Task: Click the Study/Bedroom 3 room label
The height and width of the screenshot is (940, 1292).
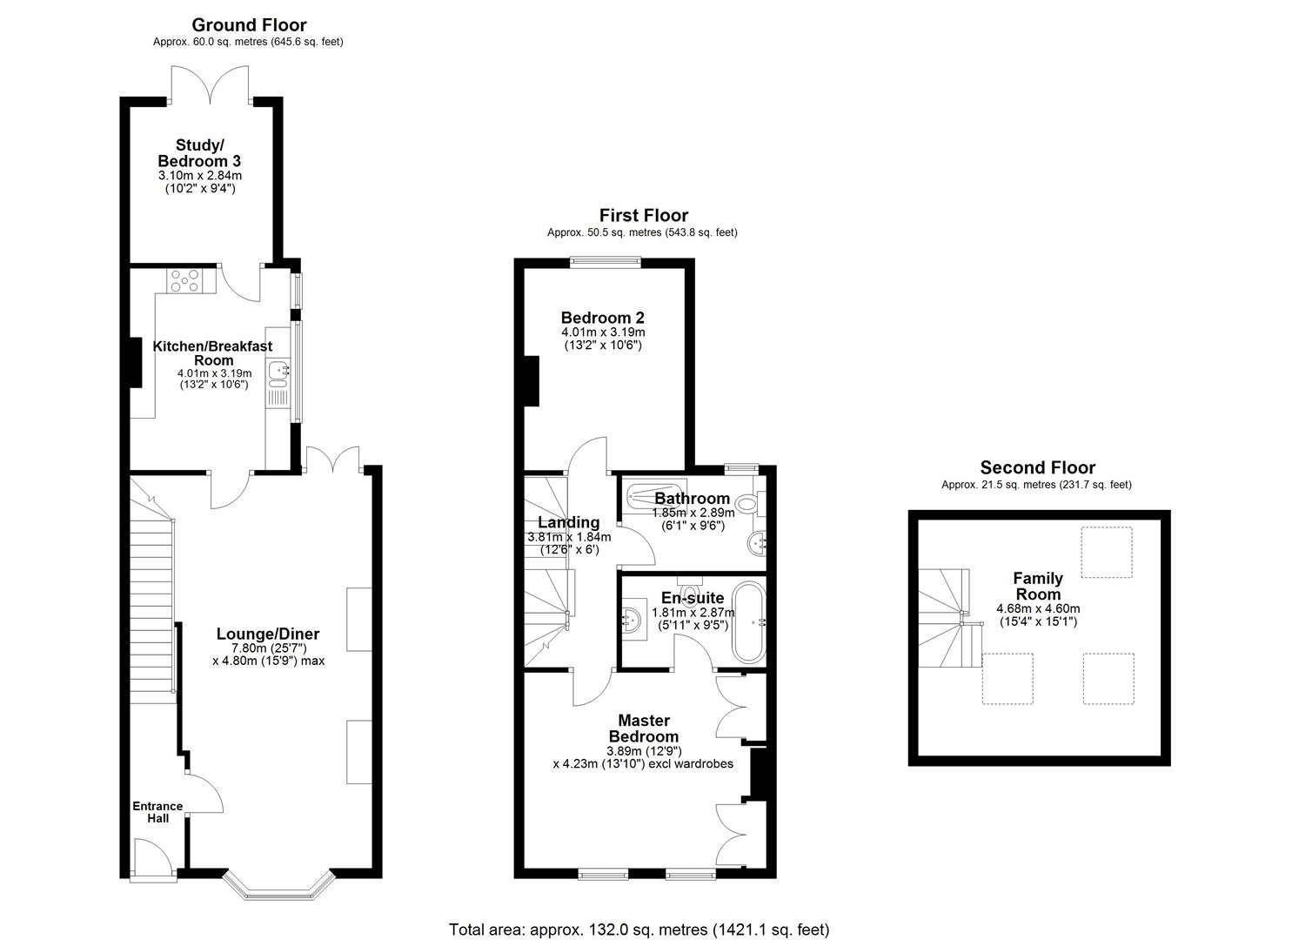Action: (199, 153)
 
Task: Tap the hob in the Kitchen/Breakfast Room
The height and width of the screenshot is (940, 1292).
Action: (185, 281)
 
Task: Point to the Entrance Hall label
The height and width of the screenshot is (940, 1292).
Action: (157, 812)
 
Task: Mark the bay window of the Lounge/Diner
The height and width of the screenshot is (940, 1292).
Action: (278, 884)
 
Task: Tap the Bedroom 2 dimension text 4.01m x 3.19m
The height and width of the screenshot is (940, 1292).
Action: (603, 332)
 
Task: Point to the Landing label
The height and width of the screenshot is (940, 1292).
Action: (568, 522)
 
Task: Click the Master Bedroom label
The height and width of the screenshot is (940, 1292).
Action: (643, 728)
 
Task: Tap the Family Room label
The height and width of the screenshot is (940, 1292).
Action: (1037, 586)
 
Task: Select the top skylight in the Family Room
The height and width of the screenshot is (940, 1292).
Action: (1106, 552)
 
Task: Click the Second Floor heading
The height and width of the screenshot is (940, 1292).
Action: (1037, 468)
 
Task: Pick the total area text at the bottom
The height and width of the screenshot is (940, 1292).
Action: (639, 930)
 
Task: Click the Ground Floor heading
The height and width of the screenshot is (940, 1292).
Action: (249, 25)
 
